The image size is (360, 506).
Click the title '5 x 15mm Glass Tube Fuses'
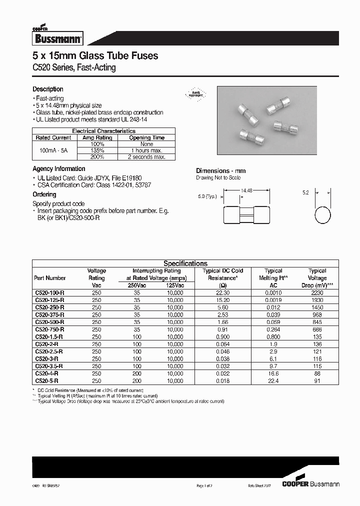tap(95, 56)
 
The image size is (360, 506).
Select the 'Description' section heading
tap(48, 89)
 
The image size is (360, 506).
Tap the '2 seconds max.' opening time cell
tap(146, 157)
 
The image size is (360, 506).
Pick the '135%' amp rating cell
tap(97, 150)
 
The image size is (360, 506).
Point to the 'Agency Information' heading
tap(59, 169)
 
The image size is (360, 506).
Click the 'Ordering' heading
tap(44, 194)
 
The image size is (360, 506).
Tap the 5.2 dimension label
tap(306, 192)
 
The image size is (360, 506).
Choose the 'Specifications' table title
tap(185, 263)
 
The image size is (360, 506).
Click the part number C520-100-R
tap(49, 293)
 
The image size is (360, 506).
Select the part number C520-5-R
tap(46, 381)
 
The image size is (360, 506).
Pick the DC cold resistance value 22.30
tap(222, 293)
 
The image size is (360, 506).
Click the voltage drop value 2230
tap(317, 293)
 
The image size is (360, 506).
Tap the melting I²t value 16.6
tap(273, 373)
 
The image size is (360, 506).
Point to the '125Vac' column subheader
tap(175, 285)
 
